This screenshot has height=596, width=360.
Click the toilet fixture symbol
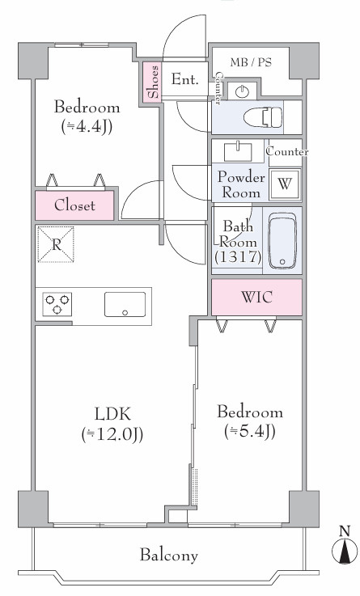pyautogui.click(x=263, y=117)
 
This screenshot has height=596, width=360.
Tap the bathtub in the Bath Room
pyautogui.click(x=282, y=241)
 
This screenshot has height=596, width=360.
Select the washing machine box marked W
pyautogui.click(x=284, y=184)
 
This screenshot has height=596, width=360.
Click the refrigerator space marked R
pyautogui.click(x=56, y=244)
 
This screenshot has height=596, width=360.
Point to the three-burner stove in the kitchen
pyautogui.click(x=57, y=304)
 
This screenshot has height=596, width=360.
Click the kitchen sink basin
pyautogui.click(x=125, y=304)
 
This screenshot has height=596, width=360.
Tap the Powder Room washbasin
pyautogui.click(x=238, y=151)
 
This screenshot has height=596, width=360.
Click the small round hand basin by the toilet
pyautogui.click(x=242, y=91)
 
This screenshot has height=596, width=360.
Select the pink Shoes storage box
pyautogui.click(x=152, y=82)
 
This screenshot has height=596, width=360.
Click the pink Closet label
pyautogui.click(x=74, y=205)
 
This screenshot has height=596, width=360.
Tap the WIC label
pyautogui.click(x=257, y=297)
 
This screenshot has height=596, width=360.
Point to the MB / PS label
pyautogui.click(x=251, y=62)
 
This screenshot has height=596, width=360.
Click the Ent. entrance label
pyautogui.click(x=184, y=79)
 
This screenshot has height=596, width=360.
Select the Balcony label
pyautogui.click(x=169, y=556)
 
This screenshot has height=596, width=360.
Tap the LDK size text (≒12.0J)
pyautogui.click(x=112, y=435)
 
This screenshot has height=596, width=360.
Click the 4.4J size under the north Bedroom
pyautogui.click(x=87, y=127)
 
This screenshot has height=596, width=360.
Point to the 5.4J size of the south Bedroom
pyautogui.click(x=250, y=431)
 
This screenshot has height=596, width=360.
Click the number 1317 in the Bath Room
pyautogui.click(x=238, y=257)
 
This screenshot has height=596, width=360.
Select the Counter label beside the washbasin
pyautogui.click(x=287, y=152)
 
